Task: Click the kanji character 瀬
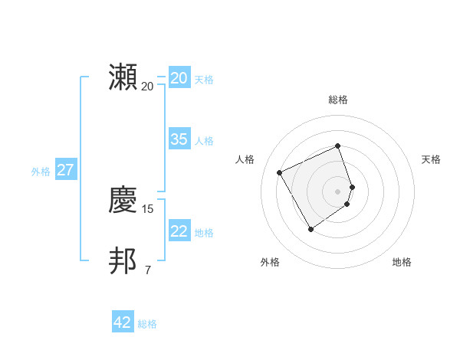[x=123, y=77]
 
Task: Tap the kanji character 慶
[x=123, y=200]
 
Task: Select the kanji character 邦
[x=123, y=261]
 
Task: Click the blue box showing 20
[x=179, y=78]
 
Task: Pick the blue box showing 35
[x=179, y=139]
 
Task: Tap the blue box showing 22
[x=179, y=231]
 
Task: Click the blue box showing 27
[x=65, y=170]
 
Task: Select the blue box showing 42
[x=122, y=322]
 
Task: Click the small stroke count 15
[x=148, y=208]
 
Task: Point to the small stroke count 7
[x=148, y=270]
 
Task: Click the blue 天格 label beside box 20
[x=204, y=80]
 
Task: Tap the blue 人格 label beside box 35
[x=204, y=141]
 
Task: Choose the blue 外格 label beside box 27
[x=41, y=172]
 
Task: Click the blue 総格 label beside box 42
[x=147, y=324]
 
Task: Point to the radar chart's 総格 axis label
[x=338, y=100]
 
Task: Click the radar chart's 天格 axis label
[x=432, y=159]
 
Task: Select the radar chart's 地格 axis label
[x=402, y=262]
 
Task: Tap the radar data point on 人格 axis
[x=280, y=172]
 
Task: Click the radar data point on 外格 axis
[x=310, y=229]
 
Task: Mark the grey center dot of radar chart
[x=338, y=191]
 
